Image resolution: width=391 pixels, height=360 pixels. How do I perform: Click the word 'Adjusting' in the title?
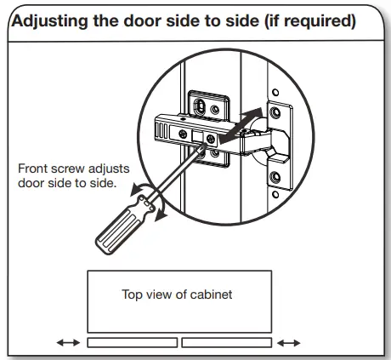[x=53, y=20]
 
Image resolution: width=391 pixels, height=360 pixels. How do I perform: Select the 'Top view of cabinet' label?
[x=178, y=294]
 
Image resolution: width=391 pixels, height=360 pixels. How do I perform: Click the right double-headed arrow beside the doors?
[x=289, y=342]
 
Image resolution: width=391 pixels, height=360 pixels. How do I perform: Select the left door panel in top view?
[x=132, y=342]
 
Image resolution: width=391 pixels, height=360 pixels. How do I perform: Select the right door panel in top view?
[x=226, y=342]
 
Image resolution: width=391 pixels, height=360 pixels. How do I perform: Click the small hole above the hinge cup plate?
[x=275, y=92]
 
